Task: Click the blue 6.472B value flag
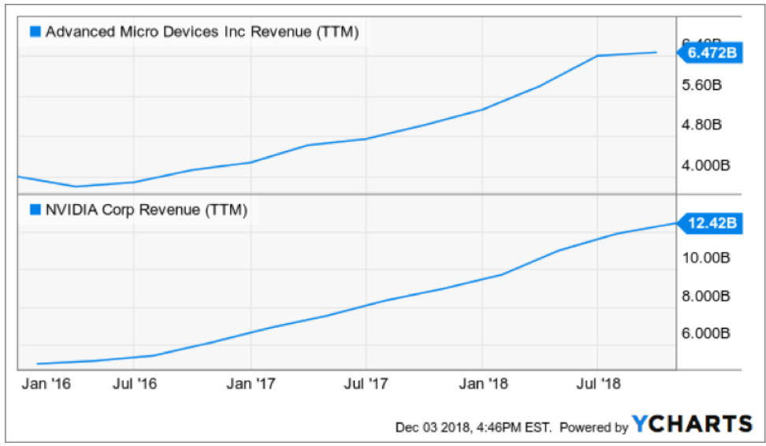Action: pos(711,53)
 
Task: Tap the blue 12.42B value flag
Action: pos(711,223)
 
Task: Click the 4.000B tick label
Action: pos(706,165)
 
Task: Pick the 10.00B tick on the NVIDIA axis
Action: pos(706,258)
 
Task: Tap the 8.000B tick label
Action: pos(706,295)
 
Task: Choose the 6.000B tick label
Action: pos(706,333)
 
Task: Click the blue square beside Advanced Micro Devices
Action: pos(35,32)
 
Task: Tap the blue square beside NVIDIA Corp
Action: pos(35,210)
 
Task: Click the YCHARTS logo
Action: pos(691,424)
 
